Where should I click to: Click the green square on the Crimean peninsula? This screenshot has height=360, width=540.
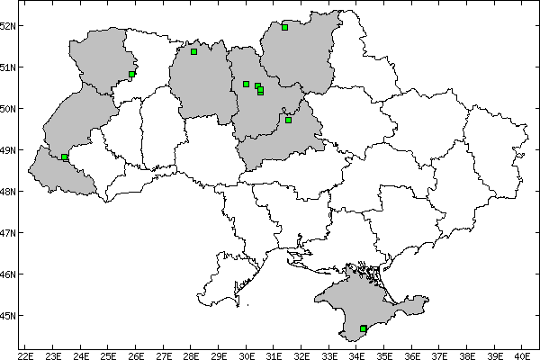tap(363, 329)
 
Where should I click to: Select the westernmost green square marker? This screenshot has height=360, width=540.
tap(65, 157)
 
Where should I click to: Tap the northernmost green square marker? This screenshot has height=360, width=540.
tap(284, 27)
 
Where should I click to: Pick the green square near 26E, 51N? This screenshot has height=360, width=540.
tap(132, 74)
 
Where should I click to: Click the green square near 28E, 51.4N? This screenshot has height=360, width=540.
tap(193, 51)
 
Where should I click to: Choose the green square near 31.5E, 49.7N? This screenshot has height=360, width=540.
tap(288, 120)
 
